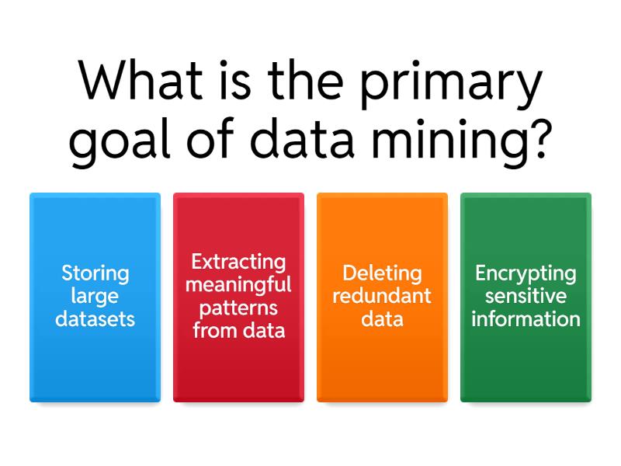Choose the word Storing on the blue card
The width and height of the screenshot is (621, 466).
(95, 273)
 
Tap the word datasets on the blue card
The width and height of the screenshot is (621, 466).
(95, 318)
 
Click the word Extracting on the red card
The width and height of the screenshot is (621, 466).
(238, 263)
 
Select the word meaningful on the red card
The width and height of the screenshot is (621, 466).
(238, 284)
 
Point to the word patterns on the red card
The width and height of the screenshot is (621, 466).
(238, 308)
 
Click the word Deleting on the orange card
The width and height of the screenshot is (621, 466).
(382, 273)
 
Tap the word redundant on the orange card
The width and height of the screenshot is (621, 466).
(382, 296)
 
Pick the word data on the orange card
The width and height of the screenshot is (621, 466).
(382, 318)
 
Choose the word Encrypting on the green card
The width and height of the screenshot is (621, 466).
(526, 274)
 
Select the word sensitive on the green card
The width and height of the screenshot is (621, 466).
(526, 296)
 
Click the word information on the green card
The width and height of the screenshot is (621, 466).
(526, 318)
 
